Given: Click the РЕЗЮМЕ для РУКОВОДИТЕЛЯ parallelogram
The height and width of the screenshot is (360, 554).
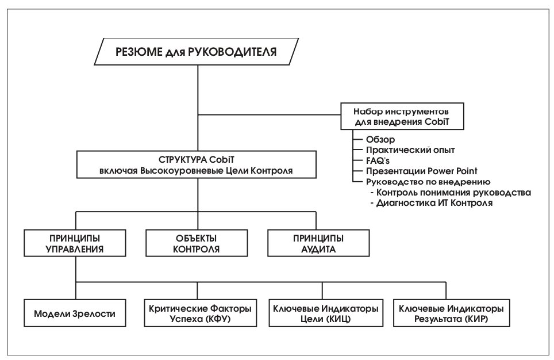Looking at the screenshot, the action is [x=197, y=52].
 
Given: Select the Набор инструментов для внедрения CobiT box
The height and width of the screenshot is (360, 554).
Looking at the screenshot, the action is [x=402, y=116].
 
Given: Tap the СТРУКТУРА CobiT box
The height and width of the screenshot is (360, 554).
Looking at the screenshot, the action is [x=197, y=164].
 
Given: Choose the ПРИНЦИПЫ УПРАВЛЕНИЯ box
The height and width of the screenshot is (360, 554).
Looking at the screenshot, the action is [x=75, y=243].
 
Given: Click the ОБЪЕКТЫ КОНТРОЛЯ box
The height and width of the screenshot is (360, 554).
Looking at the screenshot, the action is [x=197, y=243].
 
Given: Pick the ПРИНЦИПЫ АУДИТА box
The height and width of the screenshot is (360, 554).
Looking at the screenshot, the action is [x=318, y=243].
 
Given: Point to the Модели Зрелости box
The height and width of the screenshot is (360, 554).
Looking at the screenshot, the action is [x=75, y=313].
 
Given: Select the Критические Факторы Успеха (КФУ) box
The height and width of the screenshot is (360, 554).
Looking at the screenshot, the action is [x=201, y=313].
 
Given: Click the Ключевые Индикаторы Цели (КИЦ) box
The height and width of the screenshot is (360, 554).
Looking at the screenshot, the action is [x=326, y=313].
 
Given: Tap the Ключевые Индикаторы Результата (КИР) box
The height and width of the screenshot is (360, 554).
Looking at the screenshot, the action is [x=452, y=313].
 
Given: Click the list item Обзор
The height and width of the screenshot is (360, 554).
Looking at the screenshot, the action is [x=380, y=140].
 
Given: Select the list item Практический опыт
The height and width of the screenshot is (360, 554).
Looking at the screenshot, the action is [x=410, y=150].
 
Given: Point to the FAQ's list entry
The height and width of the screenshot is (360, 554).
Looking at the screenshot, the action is [x=378, y=160].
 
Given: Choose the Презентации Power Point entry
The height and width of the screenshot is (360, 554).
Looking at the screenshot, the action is [x=421, y=171].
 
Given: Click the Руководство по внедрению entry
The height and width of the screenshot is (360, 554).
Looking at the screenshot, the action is [x=428, y=182].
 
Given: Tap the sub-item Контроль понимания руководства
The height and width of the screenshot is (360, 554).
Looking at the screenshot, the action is [x=451, y=193].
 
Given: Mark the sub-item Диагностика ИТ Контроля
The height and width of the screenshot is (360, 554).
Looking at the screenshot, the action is [x=432, y=203].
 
